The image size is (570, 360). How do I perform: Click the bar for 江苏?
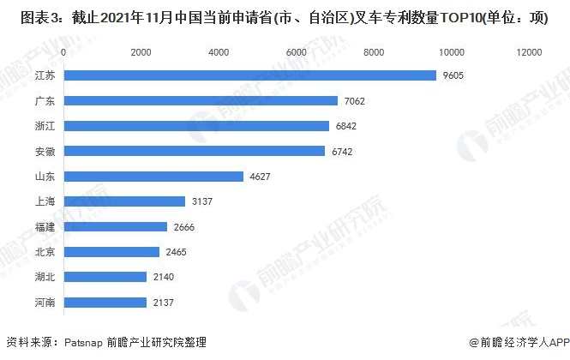tap(249, 75)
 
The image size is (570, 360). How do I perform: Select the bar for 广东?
tap(201, 101)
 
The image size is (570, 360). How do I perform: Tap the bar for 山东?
tap(153, 177)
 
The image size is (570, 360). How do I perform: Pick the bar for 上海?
tap(124, 201)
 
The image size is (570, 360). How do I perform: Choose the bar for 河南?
tap(105, 303)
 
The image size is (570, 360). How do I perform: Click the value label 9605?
tap(453, 75)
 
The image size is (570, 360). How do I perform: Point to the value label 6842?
tap(346, 126)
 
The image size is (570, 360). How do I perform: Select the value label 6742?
tap(342, 152)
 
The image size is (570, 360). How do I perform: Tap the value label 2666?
tap(183, 227)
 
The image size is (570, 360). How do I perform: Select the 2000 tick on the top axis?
tap(141, 53)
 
